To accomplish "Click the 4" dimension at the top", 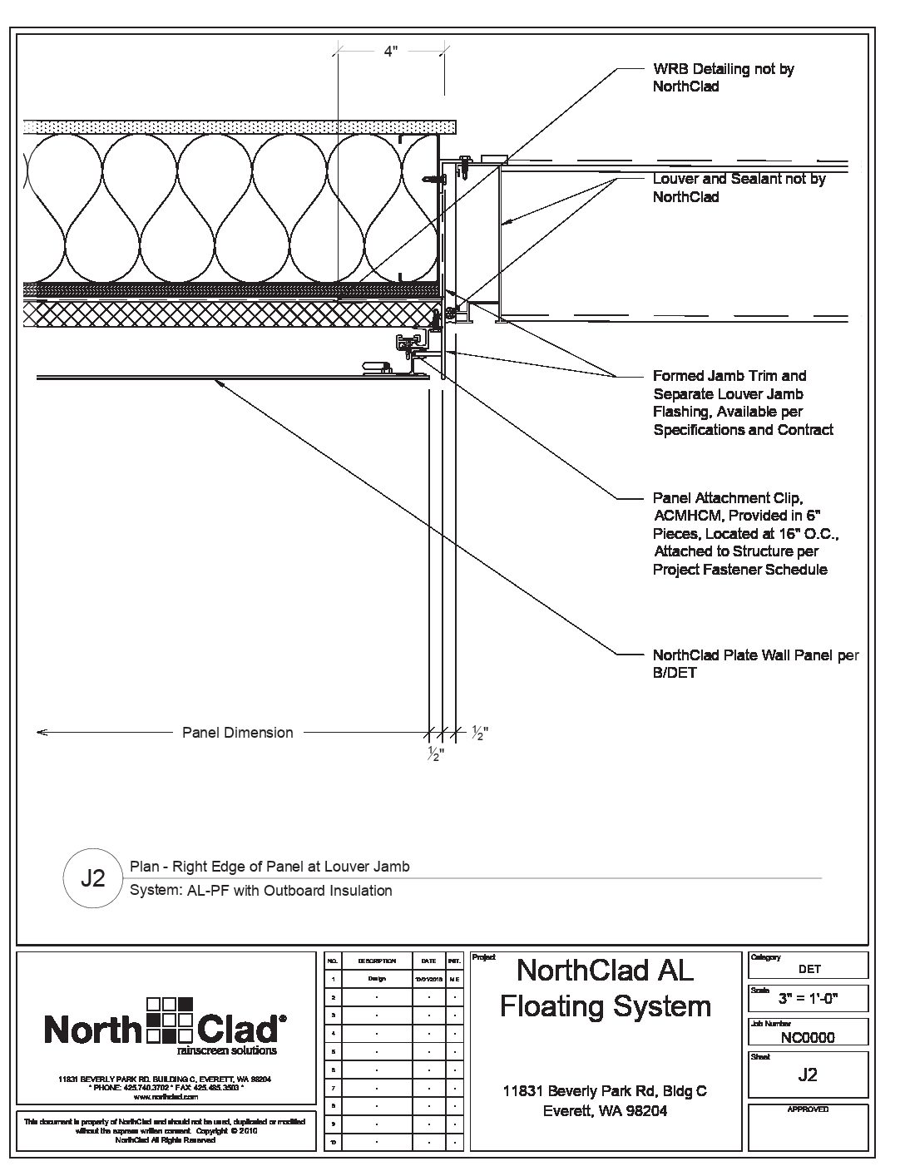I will [x=391, y=52].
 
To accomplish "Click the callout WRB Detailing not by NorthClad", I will [x=723, y=77].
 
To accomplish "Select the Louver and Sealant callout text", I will [x=739, y=188].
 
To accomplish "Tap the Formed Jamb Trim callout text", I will [x=743, y=403].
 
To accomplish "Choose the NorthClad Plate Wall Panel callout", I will [x=755, y=664].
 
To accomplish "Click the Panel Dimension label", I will [x=237, y=733].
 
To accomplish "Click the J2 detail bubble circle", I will [x=92, y=878].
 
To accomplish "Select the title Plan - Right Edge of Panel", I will [x=270, y=867].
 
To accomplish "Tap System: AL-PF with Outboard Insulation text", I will [x=261, y=891].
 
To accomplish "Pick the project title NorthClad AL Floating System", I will [x=605, y=988].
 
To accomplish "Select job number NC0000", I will [x=808, y=1037].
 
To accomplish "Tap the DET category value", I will [x=809, y=969].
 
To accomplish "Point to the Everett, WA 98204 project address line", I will [x=605, y=1111].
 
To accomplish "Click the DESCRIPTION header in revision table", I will [x=377, y=961].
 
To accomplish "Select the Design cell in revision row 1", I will [x=377, y=979].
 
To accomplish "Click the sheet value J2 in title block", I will [x=808, y=1075].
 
